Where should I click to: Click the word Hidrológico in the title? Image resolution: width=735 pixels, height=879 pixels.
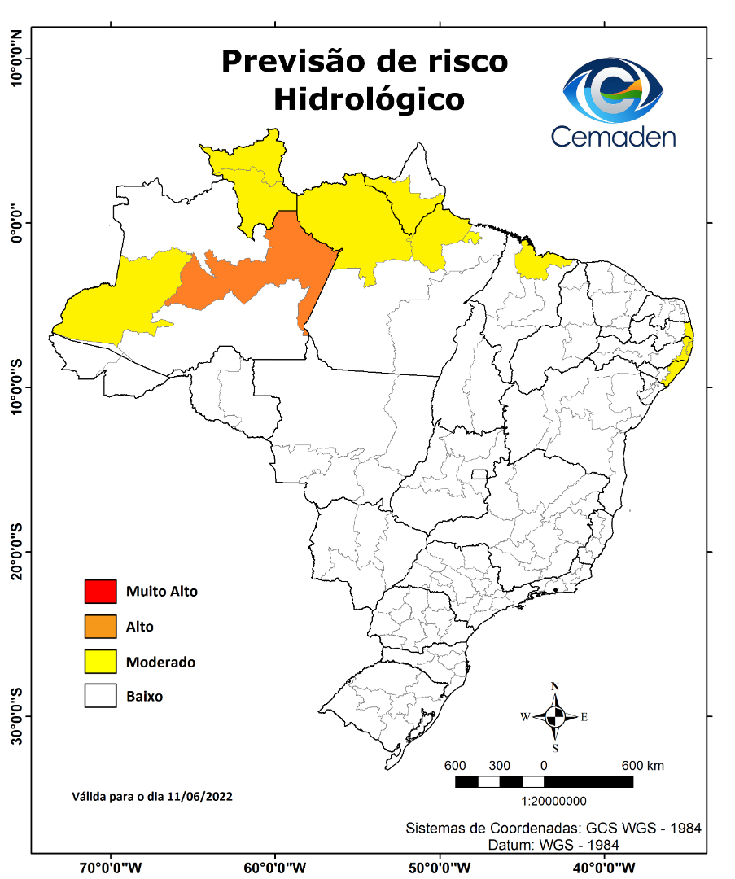click(369, 99)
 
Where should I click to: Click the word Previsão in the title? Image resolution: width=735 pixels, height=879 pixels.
click(295, 62)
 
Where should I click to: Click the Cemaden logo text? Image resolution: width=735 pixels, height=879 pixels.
click(613, 135)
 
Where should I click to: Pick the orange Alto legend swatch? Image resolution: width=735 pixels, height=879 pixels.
click(100, 627)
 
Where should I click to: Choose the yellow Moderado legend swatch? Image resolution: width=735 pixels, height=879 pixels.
click(100, 662)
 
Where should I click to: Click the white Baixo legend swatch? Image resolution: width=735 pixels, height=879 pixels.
click(100, 697)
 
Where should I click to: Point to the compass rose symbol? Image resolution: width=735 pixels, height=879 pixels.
click(555, 717)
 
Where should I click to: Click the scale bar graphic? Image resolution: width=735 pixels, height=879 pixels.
click(543, 782)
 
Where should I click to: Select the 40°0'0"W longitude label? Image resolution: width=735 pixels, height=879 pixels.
click(605, 868)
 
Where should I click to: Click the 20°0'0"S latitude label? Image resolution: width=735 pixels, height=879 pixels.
click(17, 551)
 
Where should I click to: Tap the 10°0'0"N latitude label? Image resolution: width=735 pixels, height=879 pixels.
click(17, 59)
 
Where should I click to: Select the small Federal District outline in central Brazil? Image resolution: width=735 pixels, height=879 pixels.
click(480, 474)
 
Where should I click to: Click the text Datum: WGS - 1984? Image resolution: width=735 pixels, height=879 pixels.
click(553, 845)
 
